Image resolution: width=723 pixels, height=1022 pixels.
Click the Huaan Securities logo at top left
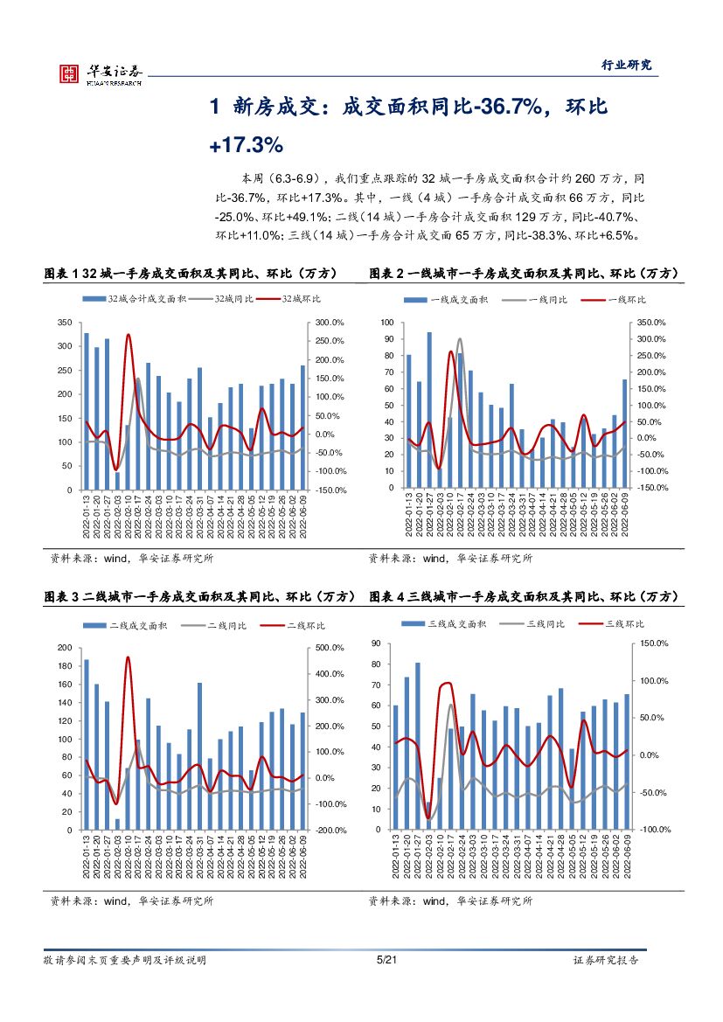[x=100, y=73]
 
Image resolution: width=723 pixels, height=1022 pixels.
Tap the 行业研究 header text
[x=627, y=65]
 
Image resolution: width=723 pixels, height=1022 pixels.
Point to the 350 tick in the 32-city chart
[x=63, y=323]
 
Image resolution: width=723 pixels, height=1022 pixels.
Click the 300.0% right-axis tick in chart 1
[x=330, y=323]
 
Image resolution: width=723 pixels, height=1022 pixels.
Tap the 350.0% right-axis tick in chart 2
[x=652, y=323]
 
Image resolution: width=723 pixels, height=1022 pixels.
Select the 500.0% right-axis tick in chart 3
[x=329, y=648]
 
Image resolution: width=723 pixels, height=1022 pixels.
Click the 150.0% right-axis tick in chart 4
[x=654, y=643]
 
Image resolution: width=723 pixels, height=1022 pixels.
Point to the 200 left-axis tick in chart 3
[x=65, y=648]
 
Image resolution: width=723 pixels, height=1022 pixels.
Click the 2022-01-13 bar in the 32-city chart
[x=86, y=411]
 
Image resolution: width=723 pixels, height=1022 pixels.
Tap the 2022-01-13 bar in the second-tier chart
[x=86, y=743]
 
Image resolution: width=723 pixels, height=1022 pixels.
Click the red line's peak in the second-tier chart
[x=128, y=657]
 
